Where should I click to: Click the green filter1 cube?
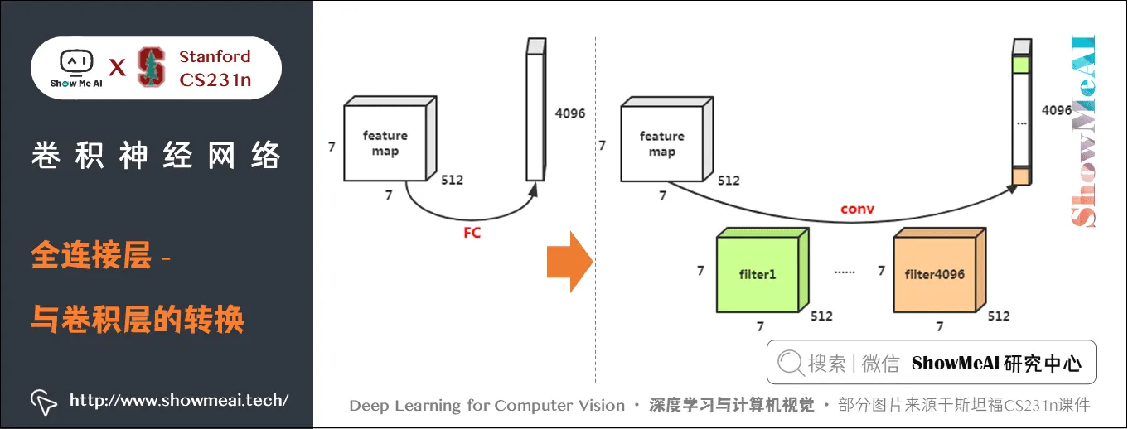(755, 272)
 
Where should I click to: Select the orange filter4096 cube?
(934, 272)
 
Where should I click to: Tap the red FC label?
(472, 233)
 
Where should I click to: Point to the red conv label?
(857, 210)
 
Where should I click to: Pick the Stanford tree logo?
(151, 67)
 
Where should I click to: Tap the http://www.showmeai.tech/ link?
(179, 400)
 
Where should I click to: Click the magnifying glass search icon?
(791, 363)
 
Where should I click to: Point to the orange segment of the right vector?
(1020, 176)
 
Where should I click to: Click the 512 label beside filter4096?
(999, 316)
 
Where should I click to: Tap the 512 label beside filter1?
(821, 316)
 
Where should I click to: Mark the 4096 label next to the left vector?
(569, 113)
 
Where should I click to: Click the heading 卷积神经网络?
(156, 156)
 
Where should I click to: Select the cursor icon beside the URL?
(44, 401)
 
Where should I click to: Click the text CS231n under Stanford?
(215, 80)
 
